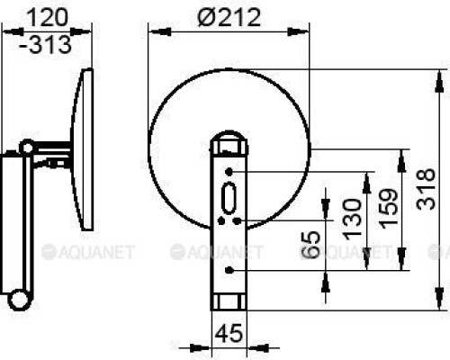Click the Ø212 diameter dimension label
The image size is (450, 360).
tap(229, 17)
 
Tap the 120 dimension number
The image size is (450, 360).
tap(49, 17)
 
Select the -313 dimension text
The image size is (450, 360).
tap(46, 44)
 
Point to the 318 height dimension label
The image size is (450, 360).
tap(426, 189)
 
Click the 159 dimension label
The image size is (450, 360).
tap(389, 209)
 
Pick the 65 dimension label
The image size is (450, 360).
tap(310, 245)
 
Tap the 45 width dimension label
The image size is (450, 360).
tap(229, 333)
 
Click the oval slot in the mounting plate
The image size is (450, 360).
tap(229, 198)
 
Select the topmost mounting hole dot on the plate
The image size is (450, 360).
tap(229, 172)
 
